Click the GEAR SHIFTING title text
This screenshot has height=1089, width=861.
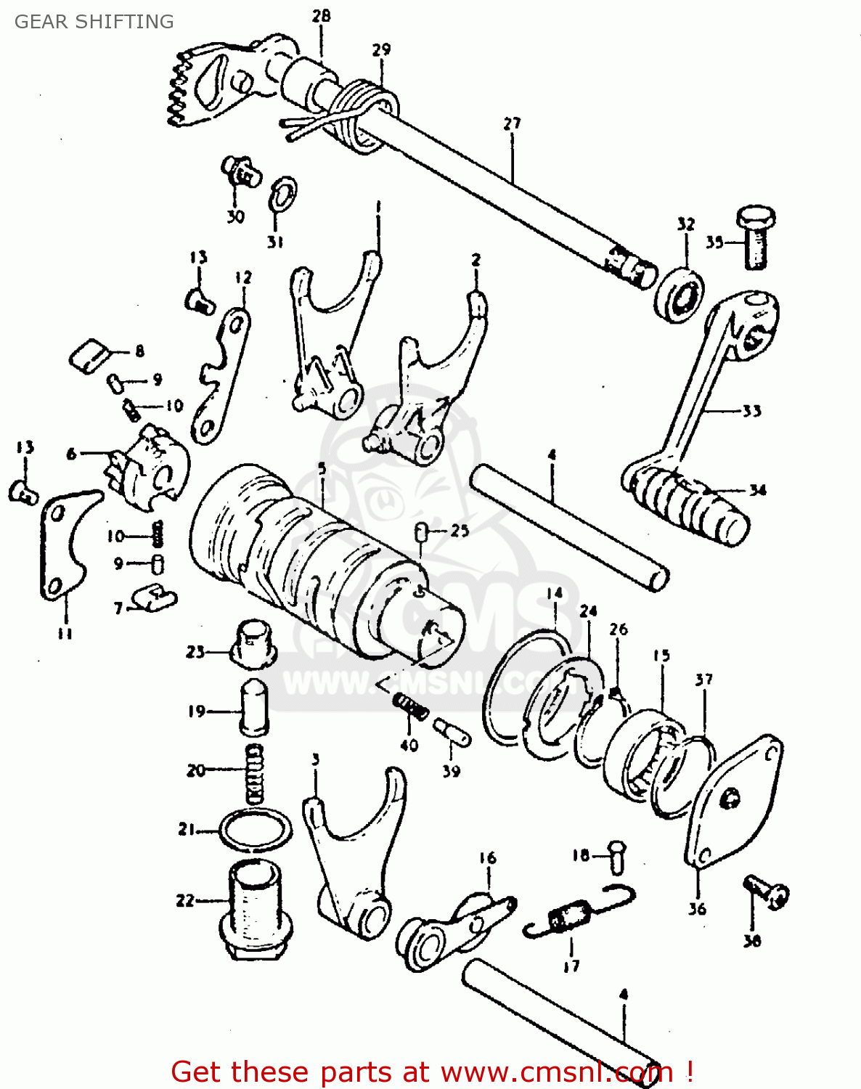tap(94, 22)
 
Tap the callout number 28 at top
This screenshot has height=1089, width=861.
tap(321, 15)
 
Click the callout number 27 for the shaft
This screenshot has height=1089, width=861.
tap(512, 123)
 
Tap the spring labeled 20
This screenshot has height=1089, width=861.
tap(254, 773)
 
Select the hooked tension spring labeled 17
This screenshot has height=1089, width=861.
tap(577, 915)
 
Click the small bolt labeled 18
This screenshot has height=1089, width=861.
tap(616, 857)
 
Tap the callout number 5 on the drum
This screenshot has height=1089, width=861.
tap(322, 470)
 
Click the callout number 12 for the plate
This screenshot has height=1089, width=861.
tap(243, 277)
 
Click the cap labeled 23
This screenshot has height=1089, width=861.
tap(253, 643)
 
